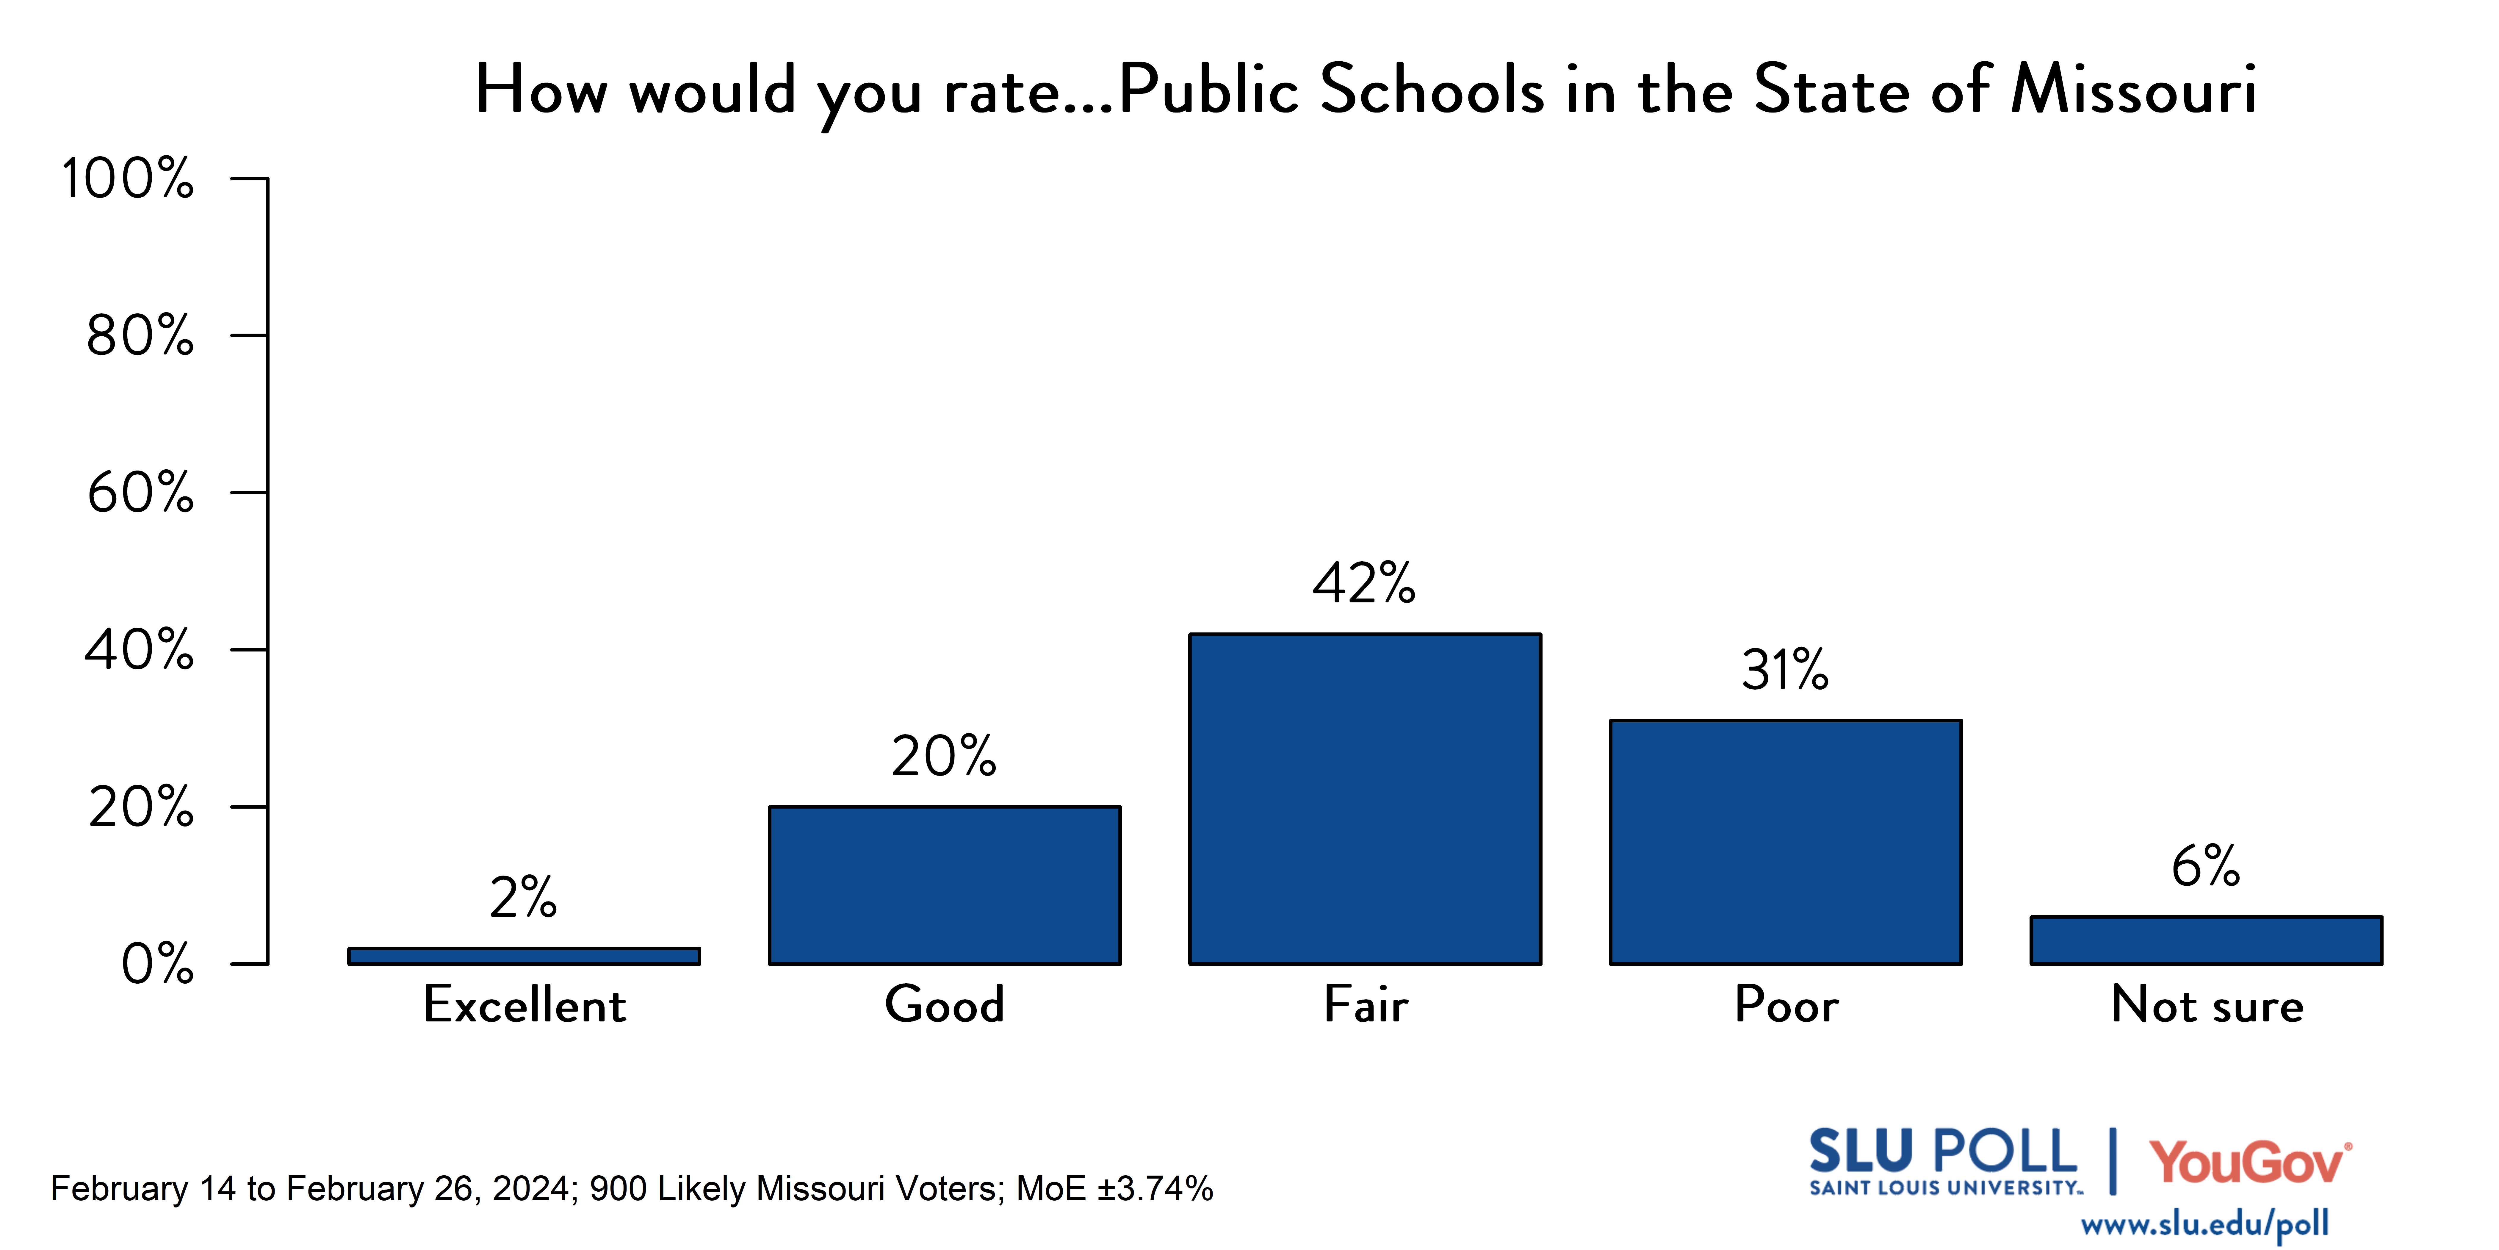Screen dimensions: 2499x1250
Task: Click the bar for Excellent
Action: pos(524,956)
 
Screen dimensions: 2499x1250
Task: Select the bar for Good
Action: pos(945,885)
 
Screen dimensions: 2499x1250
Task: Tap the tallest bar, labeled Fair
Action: pos(1365,799)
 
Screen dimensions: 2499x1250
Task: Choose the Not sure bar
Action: pos(2206,940)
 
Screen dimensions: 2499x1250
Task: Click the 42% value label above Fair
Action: pos(1364,583)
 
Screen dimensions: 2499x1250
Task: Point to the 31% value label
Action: pos(1785,670)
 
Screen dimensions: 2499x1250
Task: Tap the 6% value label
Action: pos(2205,866)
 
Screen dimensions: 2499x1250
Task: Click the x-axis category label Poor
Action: pos(1786,1004)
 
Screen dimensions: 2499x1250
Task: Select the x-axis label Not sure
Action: pos(2207,1004)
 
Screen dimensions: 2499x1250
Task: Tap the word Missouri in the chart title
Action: pos(2133,89)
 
